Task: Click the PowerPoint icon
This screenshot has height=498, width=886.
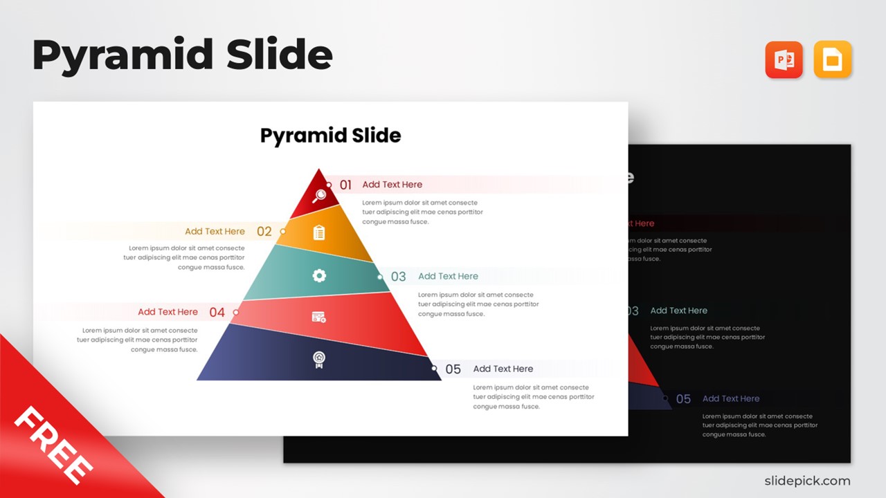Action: [x=784, y=59]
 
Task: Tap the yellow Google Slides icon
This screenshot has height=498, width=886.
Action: [x=833, y=59]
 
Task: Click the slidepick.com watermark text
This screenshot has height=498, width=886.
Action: [x=807, y=481]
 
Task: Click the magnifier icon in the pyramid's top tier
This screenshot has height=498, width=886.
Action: [x=319, y=196]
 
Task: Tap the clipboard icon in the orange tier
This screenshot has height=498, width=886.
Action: [x=319, y=233]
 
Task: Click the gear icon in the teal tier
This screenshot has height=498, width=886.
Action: [x=319, y=276]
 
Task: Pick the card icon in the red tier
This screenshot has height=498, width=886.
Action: [x=319, y=317]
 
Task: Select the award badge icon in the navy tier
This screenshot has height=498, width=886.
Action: [x=319, y=360]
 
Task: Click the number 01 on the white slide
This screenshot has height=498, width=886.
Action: [x=345, y=185]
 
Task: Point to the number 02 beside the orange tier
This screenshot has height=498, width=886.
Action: [x=264, y=232]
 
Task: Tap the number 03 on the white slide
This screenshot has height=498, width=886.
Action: [x=398, y=277]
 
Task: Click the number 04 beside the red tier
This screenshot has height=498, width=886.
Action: [x=217, y=313]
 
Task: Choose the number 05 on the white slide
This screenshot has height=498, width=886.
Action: [x=453, y=369]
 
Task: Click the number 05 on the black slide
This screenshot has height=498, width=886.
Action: [x=683, y=399]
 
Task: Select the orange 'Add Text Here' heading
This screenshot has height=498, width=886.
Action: [x=215, y=232]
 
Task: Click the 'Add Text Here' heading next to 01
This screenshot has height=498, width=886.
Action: [x=392, y=185]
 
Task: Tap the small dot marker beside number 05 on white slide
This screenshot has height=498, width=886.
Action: [x=435, y=368]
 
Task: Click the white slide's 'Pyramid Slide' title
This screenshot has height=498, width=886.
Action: [x=330, y=136]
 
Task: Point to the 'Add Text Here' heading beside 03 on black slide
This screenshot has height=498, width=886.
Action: [x=679, y=311]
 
